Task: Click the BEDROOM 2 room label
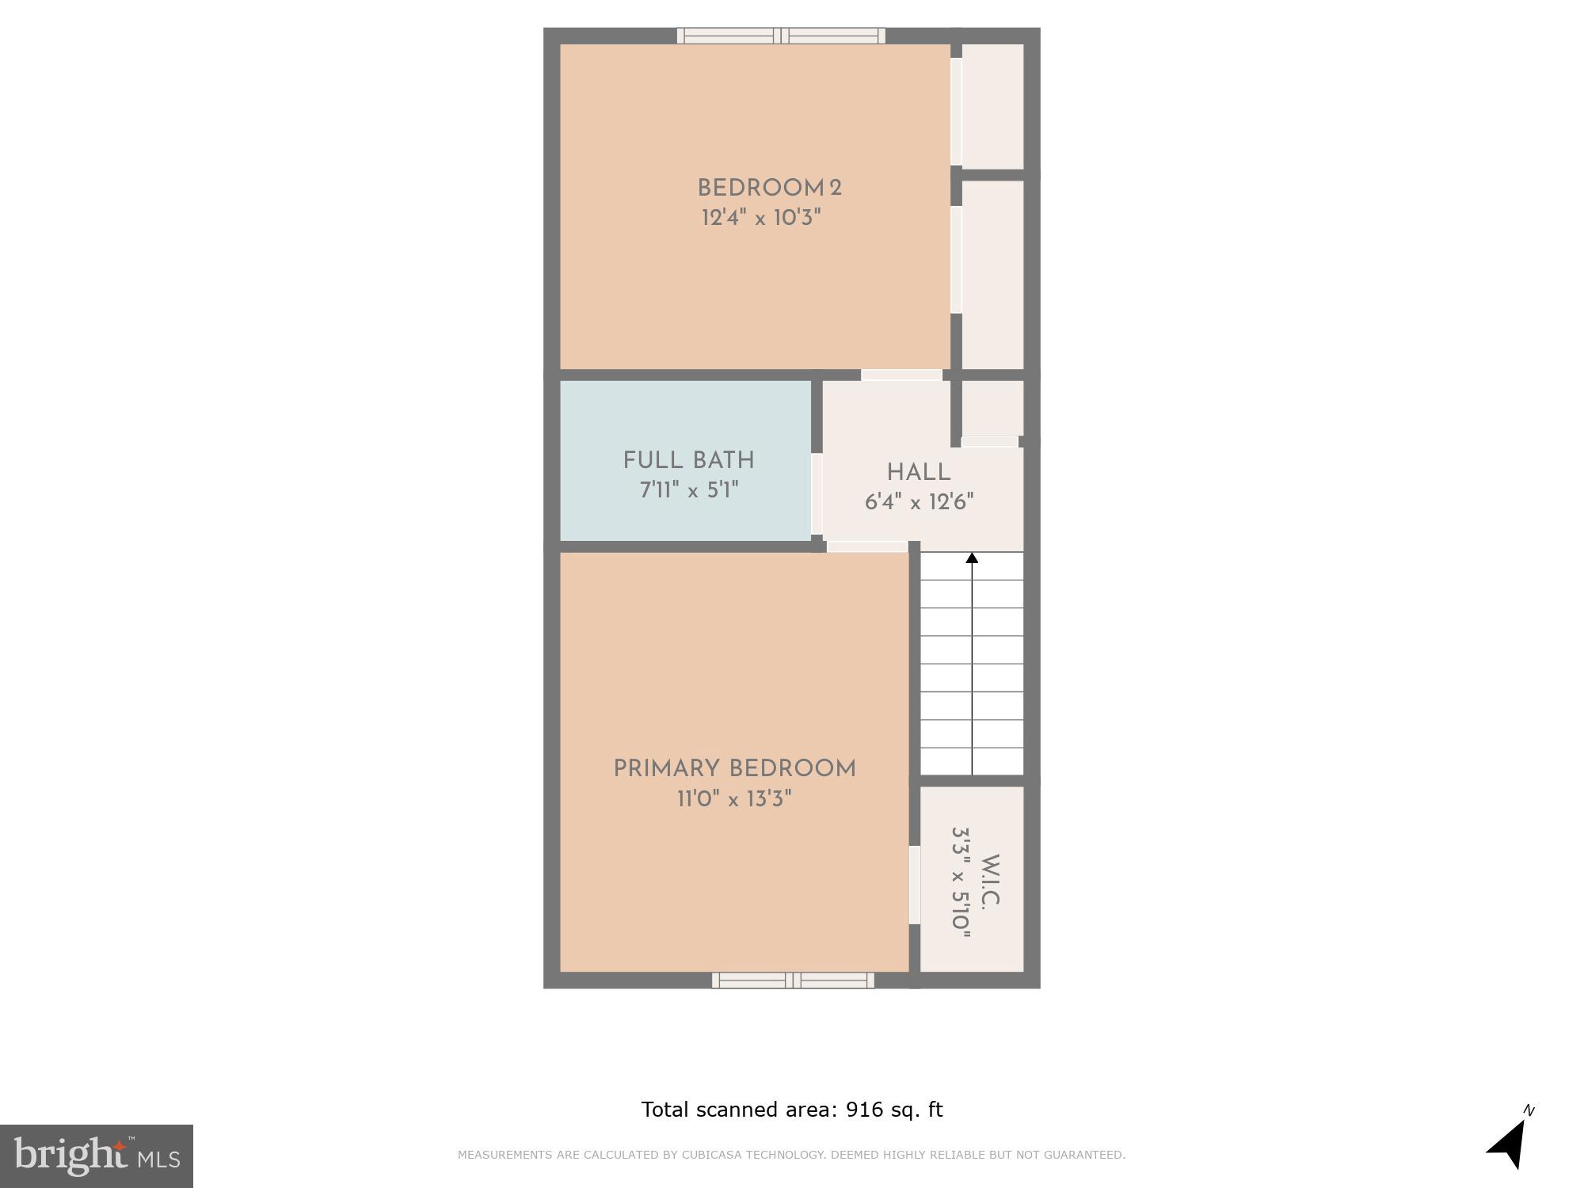coord(769,188)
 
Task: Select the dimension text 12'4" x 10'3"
coord(761,218)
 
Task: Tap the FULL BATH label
coord(688,460)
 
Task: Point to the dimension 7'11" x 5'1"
coord(688,490)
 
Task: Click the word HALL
coord(918,473)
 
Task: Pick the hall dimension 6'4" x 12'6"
coord(919,502)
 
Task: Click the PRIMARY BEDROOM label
coord(734,769)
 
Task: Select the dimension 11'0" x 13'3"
coord(734,799)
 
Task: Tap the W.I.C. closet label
coord(991,880)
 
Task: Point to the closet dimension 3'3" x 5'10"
coord(961,882)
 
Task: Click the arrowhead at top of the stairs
coord(972,558)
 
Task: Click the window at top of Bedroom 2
coord(781,36)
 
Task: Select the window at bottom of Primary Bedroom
coord(793,980)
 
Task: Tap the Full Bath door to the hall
coord(817,494)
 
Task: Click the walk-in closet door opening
coord(914,885)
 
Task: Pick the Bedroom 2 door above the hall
coord(901,375)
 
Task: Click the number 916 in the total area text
coord(864,1110)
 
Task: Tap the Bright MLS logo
coord(97,1156)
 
